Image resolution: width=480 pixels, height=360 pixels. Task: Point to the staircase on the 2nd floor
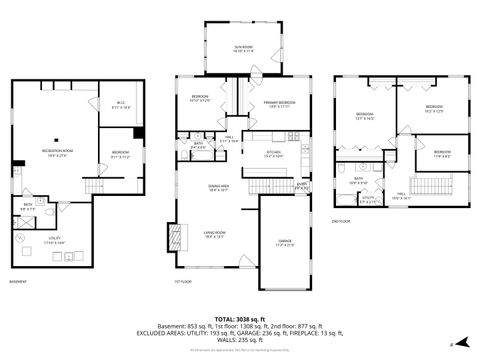coord(431,186)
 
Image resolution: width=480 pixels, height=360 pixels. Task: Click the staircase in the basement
coord(96,187)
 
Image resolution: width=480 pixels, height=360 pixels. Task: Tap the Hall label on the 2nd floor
coord(401,196)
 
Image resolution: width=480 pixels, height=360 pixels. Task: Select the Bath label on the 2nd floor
coord(359,181)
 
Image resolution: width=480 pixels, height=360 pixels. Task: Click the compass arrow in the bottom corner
coord(451,343)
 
